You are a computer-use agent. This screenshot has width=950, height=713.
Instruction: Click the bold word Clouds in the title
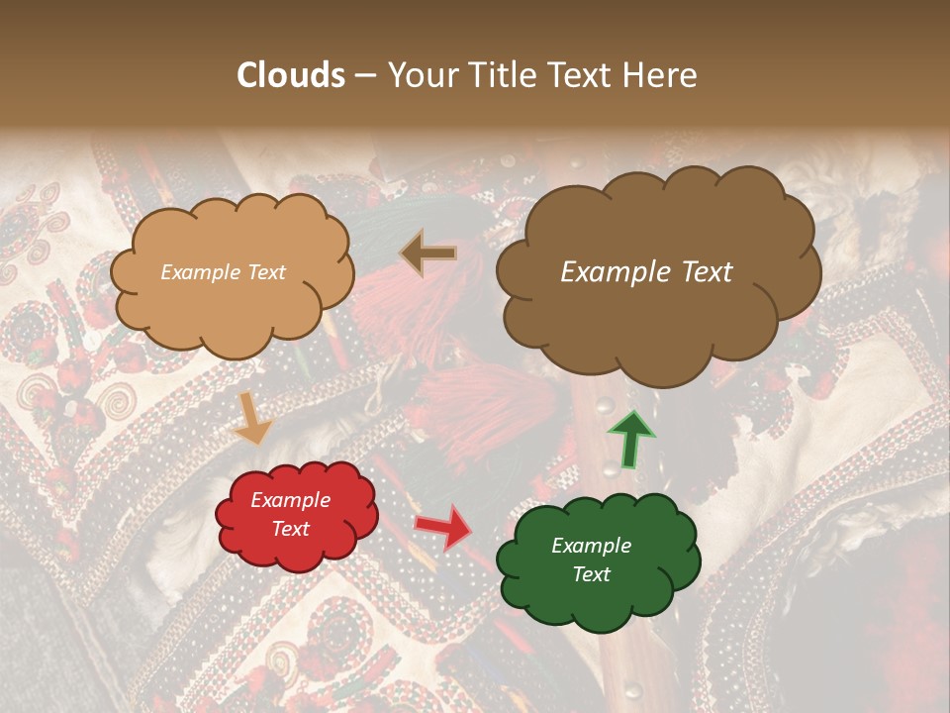291,75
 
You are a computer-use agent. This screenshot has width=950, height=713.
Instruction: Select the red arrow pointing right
443,525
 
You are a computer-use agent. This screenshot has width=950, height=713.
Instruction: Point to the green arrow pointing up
630,439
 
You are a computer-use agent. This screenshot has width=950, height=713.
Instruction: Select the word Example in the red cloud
290,500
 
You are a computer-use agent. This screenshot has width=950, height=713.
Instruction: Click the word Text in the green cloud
591,574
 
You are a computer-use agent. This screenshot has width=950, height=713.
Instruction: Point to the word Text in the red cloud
290,529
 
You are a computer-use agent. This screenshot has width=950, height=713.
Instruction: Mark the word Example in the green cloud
591,546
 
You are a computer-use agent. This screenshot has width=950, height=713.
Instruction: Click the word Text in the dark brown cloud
704,272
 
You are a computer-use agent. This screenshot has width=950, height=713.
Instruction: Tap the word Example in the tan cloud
198,272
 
